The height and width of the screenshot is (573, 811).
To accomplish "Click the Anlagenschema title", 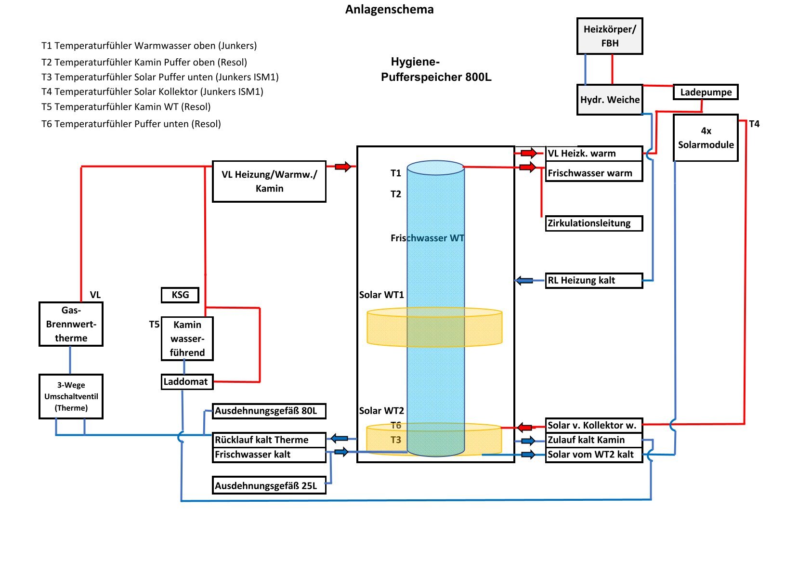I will (389, 10).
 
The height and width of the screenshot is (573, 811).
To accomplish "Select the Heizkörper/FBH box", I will (610, 36).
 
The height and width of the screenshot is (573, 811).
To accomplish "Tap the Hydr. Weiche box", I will (610, 100).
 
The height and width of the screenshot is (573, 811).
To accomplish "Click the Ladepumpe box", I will (706, 92).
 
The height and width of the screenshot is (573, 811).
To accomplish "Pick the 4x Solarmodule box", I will (706, 138).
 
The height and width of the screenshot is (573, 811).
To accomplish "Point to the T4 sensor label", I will (754, 124).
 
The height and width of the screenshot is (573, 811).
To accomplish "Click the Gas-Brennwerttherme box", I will (71, 324).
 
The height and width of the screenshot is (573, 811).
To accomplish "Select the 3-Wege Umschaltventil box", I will (71, 396).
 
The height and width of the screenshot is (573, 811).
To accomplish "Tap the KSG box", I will (180, 295).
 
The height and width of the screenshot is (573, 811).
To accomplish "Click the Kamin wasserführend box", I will (187, 339).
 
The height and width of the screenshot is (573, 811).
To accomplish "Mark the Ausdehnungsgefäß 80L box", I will (269, 411).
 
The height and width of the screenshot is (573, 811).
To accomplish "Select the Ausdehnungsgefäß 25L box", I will (269, 485).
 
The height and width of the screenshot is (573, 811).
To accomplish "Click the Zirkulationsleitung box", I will (593, 223).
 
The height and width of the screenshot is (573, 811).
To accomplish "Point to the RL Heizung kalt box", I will (593, 280).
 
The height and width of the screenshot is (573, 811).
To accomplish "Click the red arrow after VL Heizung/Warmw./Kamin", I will (343, 167).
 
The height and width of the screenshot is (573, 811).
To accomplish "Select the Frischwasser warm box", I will (593, 173).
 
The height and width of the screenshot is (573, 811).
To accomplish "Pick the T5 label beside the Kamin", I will (154, 325).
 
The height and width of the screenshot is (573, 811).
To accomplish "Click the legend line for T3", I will (160, 77).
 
